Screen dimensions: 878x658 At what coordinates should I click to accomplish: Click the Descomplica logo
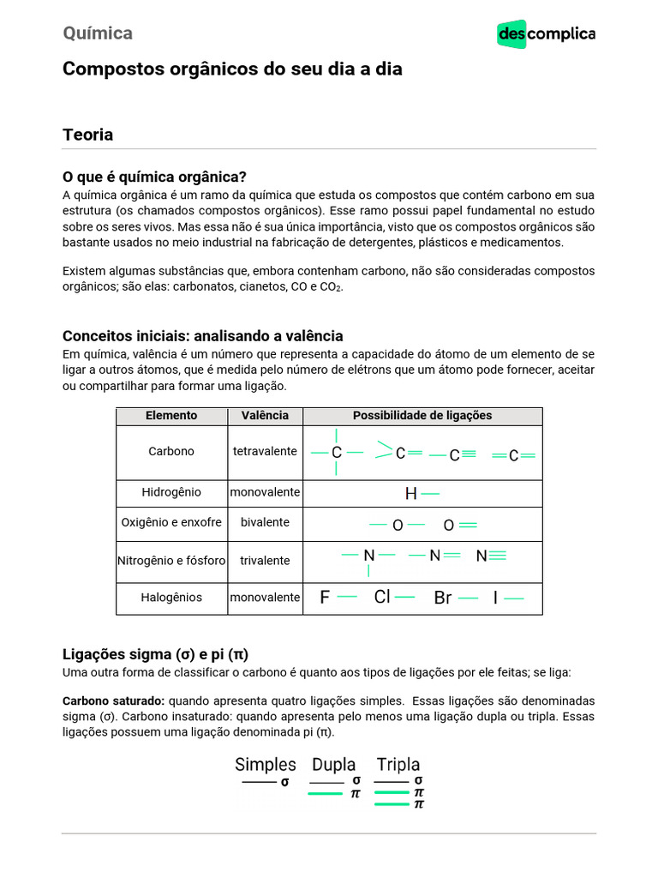click(x=546, y=34)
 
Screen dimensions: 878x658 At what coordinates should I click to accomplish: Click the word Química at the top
click(x=98, y=33)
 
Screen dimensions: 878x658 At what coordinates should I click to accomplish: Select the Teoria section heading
click(x=87, y=135)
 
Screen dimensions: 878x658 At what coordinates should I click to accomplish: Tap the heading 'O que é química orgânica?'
click(x=154, y=177)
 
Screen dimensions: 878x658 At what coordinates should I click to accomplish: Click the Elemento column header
click(x=171, y=415)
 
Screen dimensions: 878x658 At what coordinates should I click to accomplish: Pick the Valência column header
click(x=265, y=415)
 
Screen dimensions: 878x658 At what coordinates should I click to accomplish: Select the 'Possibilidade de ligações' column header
click(x=422, y=415)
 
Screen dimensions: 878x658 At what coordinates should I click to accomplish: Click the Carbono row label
click(x=171, y=451)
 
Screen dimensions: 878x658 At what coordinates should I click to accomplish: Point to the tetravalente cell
click(x=265, y=451)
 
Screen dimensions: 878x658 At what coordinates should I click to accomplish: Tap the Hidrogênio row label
click(x=171, y=492)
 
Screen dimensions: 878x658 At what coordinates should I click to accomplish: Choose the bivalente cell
click(x=265, y=522)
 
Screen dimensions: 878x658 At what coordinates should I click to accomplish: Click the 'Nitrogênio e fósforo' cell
click(x=171, y=561)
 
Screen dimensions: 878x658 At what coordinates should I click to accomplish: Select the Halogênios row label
click(x=171, y=597)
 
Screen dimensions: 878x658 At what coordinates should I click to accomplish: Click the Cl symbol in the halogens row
click(x=382, y=597)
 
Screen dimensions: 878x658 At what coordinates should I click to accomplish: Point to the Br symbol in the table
click(x=442, y=598)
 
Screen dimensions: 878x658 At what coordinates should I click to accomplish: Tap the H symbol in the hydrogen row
click(x=411, y=494)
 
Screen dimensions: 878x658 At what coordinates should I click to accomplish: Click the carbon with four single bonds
click(x=337, y=452)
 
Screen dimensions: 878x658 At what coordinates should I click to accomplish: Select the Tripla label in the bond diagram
click(x=398, y=764)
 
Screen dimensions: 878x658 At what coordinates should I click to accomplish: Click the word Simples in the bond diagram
click(x=266, y=764)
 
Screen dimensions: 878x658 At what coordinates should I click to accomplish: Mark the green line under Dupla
click(x=326, y=794)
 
